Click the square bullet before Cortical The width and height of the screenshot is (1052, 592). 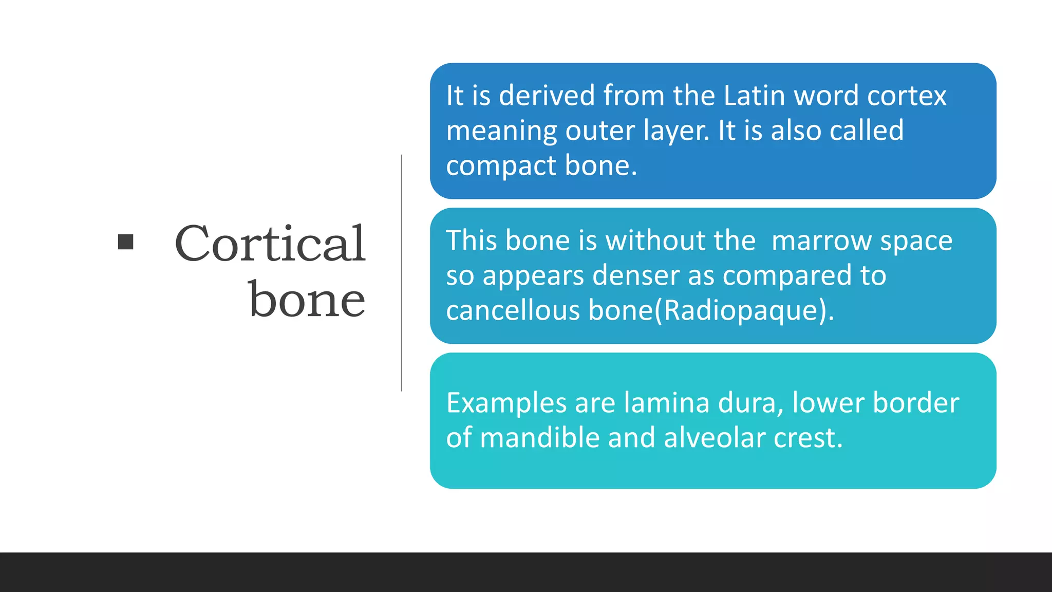[x=125, y=242]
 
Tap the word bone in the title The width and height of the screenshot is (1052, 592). [x=307, y=300]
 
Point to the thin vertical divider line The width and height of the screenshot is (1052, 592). [x=402, y=272]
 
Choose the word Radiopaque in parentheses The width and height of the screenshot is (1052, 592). [x=740, y=311]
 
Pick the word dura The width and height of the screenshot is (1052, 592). [x=750, y=403]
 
